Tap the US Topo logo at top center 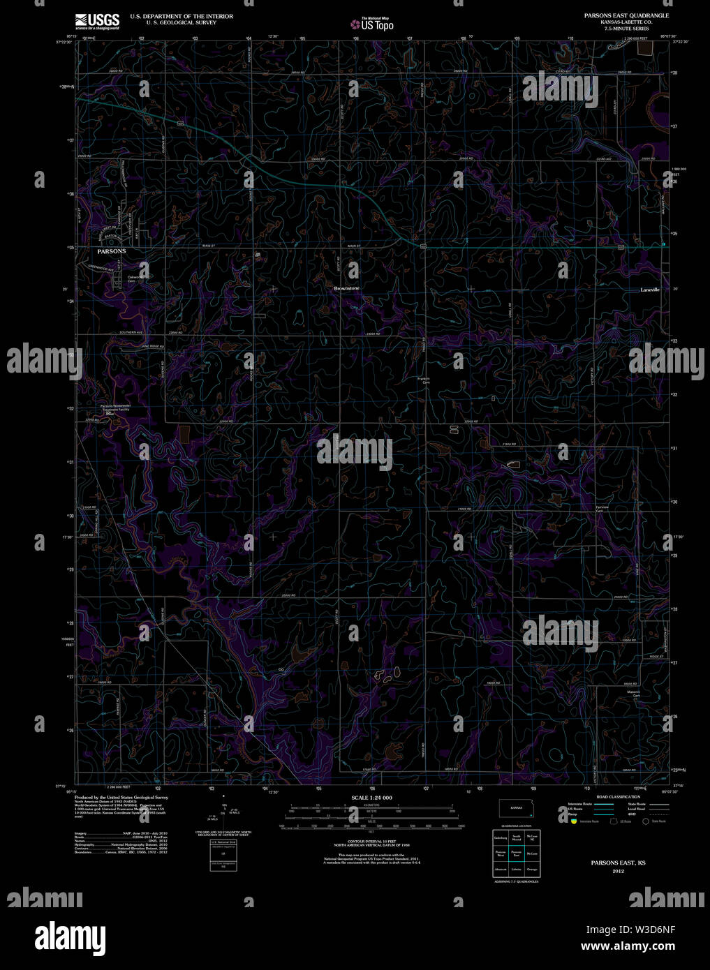pos(373,24)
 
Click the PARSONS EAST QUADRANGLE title pos(626,15)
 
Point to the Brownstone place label pos(346,288)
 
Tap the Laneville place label pos(650,290)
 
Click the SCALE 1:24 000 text pos(371,797)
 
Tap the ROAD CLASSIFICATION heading pos(618,796)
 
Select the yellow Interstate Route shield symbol pos(573,821)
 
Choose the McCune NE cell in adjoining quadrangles pos(533,837)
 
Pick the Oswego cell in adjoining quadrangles pos(533,870)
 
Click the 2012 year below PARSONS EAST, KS pos(618,872)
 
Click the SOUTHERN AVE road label pos(131,332)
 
